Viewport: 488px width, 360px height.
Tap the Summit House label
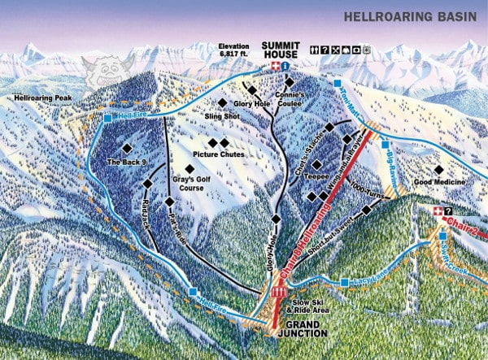[281, 50]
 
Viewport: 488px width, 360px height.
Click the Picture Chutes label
[218, 154]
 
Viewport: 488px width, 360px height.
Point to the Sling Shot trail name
[221, 116]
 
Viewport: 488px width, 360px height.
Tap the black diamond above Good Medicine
[438, 170]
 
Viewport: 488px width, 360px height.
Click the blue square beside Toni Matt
[338, 83]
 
